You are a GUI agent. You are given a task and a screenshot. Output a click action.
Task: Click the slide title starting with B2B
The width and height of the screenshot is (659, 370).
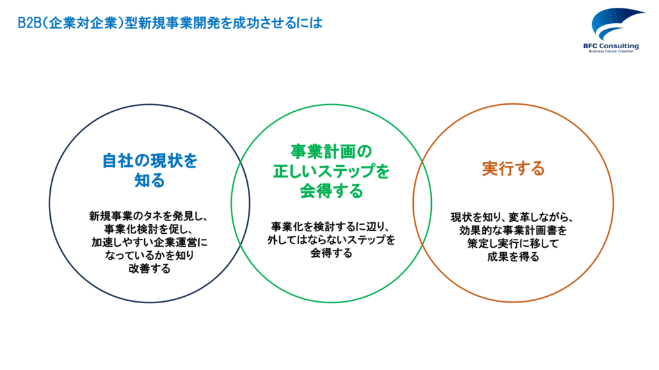click(x=170, y=22)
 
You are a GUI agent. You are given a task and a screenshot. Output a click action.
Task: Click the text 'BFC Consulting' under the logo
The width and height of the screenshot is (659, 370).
click(x=611, y=46)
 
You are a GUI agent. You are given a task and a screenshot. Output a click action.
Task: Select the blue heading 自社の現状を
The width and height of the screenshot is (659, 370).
click(x=149, y=161)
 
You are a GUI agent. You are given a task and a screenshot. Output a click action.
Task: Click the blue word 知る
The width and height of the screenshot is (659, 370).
click(x=149, y=181)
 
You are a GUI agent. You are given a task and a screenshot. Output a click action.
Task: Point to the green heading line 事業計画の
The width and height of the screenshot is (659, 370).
click(x=331, y=152)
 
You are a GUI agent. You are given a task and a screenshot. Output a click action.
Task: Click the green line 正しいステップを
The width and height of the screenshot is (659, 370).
click(x=331, y=171)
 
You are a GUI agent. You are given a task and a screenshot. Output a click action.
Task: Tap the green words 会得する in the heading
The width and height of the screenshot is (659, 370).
click(x=331, y=191)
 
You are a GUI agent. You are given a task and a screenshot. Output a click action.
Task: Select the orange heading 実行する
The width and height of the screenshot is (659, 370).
click(x=513, y=168)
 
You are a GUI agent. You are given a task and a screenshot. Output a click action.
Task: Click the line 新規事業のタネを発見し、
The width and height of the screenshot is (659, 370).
click(x=149, y=216)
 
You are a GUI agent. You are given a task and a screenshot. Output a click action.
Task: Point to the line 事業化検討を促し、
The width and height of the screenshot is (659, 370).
click(x=149, y=229)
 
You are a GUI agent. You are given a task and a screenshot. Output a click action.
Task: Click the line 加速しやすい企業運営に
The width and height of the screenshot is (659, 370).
click(x=149, y=242)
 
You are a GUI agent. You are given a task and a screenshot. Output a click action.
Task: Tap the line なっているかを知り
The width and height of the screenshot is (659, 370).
click(x=149, y=255)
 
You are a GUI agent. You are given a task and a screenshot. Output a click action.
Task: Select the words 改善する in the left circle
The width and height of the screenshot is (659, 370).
click(x=149, y=268)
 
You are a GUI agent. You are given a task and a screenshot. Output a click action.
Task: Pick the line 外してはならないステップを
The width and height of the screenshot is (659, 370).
click(x=331, y=240)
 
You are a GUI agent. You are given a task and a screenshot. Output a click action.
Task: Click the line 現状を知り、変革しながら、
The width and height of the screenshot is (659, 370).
click(x=512, y=217)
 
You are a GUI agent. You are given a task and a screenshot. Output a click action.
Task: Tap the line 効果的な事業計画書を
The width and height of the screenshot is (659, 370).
click(x=513, y=231)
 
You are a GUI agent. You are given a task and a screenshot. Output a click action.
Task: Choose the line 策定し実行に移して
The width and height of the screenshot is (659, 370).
click(x=513, y=243)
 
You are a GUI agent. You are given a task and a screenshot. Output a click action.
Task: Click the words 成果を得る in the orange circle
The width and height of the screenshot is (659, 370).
click(x=513, y=256)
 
